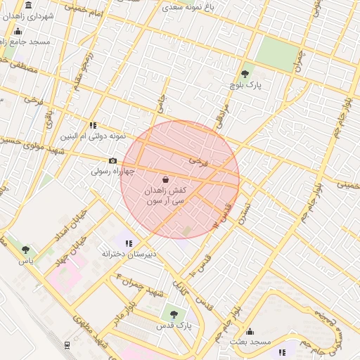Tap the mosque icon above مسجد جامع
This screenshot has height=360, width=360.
pos(18,32)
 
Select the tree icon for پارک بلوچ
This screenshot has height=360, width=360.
pos(245,74)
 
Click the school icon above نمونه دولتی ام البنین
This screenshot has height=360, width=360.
pos(93,125)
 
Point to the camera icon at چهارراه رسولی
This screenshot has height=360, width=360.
pos(112,161)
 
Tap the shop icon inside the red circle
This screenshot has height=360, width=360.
pos(166,179)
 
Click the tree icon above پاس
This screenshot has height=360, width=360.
pos(26,250)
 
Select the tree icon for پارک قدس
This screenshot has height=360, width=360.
pos(173,315)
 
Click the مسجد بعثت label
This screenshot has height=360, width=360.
pos(249,342)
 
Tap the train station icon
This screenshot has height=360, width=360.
pos(67,345)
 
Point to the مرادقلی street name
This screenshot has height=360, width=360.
pos(223,112)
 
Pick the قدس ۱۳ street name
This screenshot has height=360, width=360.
pos(221,214)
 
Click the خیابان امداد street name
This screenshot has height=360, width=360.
pos(74,223)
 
